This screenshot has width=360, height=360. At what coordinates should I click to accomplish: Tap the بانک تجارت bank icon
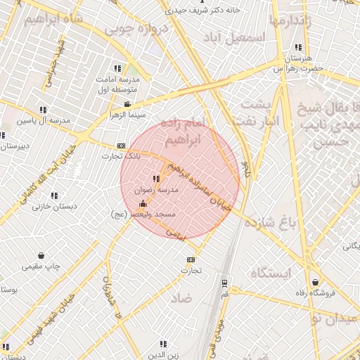pos(122,145)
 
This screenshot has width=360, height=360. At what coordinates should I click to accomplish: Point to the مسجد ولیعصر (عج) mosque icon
pos(143,202)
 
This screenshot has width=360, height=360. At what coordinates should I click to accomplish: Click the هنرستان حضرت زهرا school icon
pos(298,48)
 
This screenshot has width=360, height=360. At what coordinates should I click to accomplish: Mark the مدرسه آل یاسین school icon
pos(43,110)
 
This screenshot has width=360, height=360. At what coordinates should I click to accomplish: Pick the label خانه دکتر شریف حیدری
pos(202,11)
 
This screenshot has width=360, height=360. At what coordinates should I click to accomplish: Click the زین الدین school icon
pos(163,344)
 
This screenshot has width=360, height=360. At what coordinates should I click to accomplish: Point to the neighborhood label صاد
pos(181,298)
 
